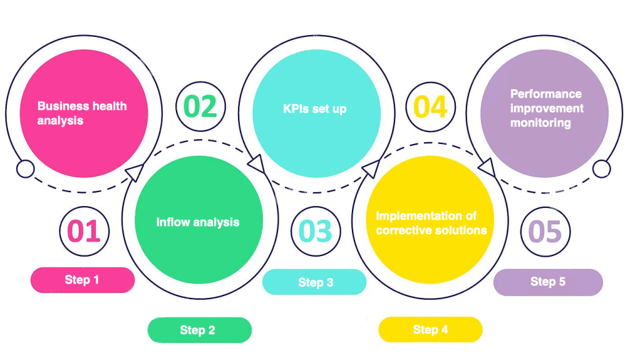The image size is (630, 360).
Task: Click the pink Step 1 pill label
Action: tap(82, 280)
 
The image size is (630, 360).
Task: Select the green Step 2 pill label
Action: tap(199, 330)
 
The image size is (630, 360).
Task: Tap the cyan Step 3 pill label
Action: tap(315, 282)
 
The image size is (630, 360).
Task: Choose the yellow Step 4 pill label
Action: tap(430, 329)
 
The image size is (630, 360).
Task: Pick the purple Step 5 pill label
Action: tap(548, 282)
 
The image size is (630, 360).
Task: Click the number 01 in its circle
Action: tap(84, 231)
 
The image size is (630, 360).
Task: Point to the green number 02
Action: tap(201, 106)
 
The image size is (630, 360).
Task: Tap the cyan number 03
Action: tap(315, 231)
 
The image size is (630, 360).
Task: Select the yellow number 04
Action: tap(430, 107)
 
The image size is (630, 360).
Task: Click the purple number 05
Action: tap(545, 232)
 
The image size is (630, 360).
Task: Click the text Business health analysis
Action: tap(82, 113)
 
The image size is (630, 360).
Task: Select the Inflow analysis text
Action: tap(197, 222)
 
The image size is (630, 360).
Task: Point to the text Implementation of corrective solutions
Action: tap(431, 223)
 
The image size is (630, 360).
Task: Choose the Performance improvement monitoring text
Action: tap(546, 108)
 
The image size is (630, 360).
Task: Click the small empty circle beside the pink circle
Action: tap(25, 169)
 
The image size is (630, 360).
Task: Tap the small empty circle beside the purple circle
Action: tap(602, 169)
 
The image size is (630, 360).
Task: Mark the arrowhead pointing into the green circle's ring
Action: tap(132, 172)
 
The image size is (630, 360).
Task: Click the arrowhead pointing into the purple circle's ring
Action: tap(486, 165)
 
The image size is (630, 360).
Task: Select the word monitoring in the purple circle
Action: tap(540, 123)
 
